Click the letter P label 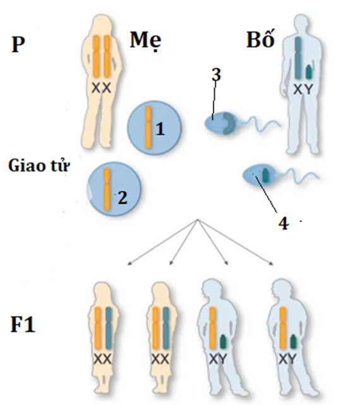click(18, 45)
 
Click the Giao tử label click(39, 165)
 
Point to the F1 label click(23, 324)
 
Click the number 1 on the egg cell click(160, 129)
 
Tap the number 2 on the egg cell click(123, 198)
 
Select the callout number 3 click(216, 74)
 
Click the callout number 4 click(284, 223)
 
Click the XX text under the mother click(102, 88)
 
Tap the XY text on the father click(303, 90)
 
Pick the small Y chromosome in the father click(309, 72)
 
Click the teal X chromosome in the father click(298, 57)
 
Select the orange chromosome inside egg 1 click(148, 127)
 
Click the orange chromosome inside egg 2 click(107, 189)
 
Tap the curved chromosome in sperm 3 click(229, 124)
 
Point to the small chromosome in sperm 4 click(265, 175)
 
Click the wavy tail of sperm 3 click(261, 124)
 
